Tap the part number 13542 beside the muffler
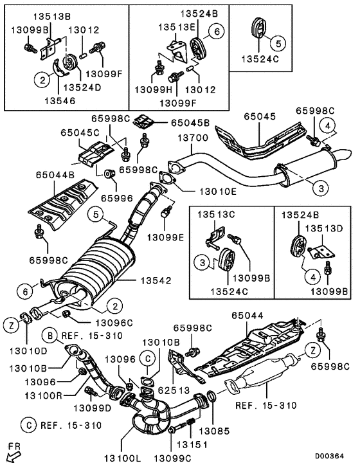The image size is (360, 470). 156,280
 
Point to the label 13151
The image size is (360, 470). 190,444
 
